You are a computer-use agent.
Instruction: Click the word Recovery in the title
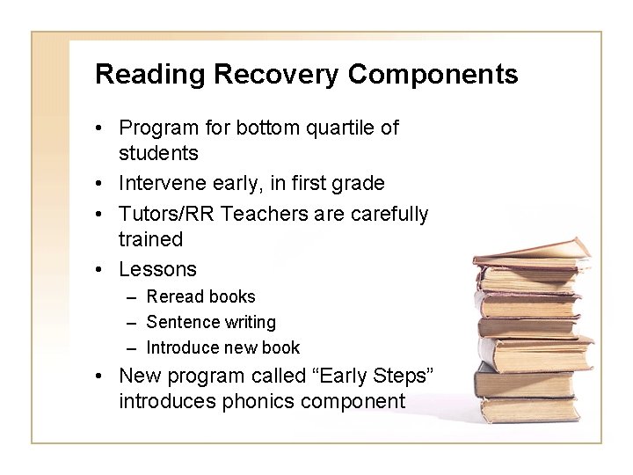275,75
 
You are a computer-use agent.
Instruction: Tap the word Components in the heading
433,75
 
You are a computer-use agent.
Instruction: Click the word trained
150,239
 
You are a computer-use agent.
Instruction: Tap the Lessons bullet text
157,269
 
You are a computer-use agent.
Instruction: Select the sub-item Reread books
200,296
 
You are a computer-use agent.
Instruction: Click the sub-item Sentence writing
211,322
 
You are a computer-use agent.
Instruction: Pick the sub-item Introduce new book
222,347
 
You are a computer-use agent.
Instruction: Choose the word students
158,153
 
